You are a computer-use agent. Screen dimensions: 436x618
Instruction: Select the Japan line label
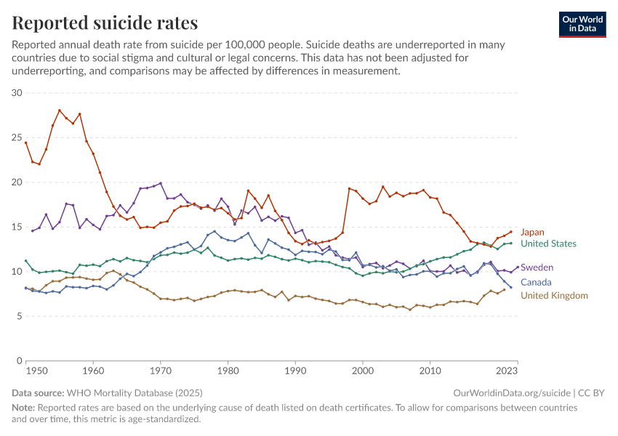[x=532, y=233]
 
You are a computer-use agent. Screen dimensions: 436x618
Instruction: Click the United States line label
[x=548, y=244]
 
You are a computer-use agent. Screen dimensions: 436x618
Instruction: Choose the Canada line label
[x=536, y=283]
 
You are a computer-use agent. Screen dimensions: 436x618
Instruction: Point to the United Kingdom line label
[x=554, y=296]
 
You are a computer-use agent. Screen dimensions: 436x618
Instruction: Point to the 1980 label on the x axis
[x=228, y=371]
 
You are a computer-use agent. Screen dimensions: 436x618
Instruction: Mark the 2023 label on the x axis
[x=507, y=371]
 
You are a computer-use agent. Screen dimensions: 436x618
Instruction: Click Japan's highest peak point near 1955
[x=60, y=110]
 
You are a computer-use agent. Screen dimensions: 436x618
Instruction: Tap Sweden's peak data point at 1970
[x=161, y=183]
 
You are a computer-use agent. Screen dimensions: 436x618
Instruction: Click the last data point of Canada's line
[x=511, y=287]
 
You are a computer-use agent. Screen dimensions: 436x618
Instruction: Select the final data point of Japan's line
[x=511, y=232]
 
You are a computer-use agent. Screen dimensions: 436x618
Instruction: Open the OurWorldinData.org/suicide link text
[x=512, y=392]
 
